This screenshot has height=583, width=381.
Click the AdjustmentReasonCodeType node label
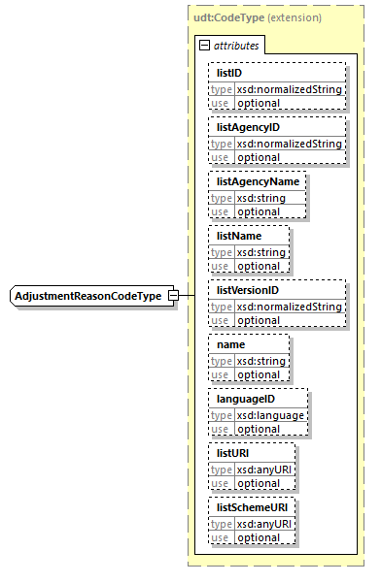pos(88,295)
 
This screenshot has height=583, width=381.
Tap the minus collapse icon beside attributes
pos(204,46)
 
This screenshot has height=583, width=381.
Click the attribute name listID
pos(229,74)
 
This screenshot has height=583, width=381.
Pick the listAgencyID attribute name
pos(248,127)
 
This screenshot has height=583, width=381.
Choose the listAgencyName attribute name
pos(257,181)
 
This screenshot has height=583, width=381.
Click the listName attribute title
pos(239,236)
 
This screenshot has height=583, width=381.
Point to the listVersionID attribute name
pos(248,290)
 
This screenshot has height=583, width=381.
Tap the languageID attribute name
pos(245,399)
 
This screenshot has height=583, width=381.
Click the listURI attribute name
pos(234,453)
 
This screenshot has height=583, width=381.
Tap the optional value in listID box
pos(258,103)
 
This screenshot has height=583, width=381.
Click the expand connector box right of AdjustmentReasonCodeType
pos(173,295)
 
